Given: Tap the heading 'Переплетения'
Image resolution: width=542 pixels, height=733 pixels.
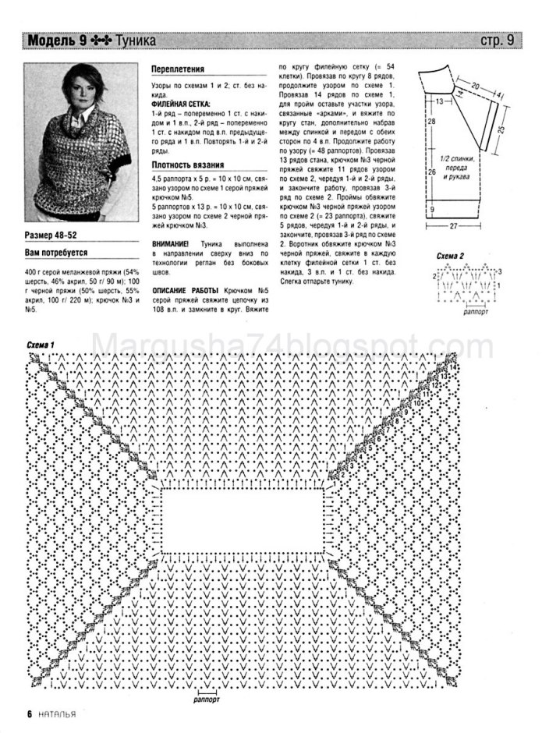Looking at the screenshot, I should (178, 69).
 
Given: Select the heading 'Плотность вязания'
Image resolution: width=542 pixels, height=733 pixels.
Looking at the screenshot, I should (187, 165).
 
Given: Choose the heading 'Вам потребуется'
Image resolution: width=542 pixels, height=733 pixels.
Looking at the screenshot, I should (56, 253).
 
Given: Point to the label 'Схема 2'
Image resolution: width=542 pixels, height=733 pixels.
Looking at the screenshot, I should (450, 256).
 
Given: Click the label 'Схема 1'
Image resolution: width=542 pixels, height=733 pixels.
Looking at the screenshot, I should (41, 344).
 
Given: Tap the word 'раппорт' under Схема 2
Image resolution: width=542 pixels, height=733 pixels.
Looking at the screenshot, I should (476, 310).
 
